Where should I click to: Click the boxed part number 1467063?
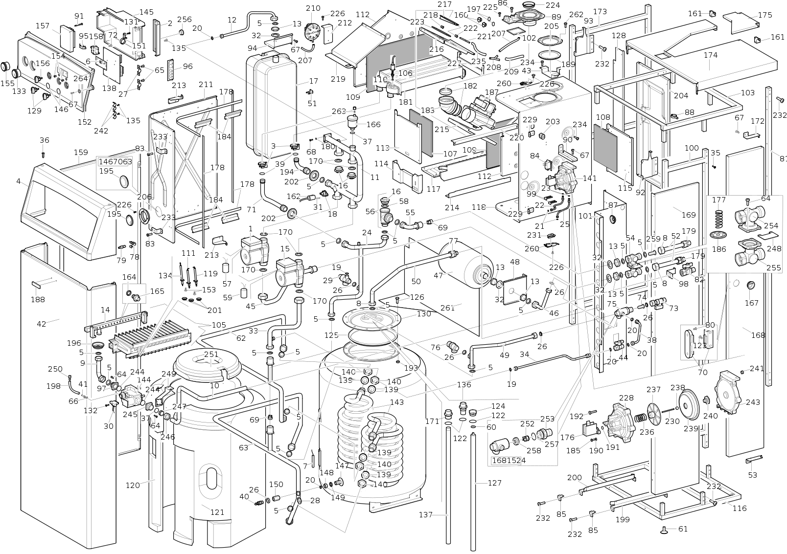(116, 162)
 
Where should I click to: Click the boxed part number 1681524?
(509, 460)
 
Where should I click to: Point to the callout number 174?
(711, 55)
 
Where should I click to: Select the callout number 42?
(41, 324)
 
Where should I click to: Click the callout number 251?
(211, 354)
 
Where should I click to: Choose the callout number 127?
(495, 483)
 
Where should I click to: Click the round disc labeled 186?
(718, 236)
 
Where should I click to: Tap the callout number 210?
(313, 8)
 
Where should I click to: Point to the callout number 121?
(217, 512)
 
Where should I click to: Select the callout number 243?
(753, 402)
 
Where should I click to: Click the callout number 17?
(314, 81)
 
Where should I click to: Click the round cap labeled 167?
(751, 286)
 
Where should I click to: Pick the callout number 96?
(187, 66)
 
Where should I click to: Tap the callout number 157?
(43, 26)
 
